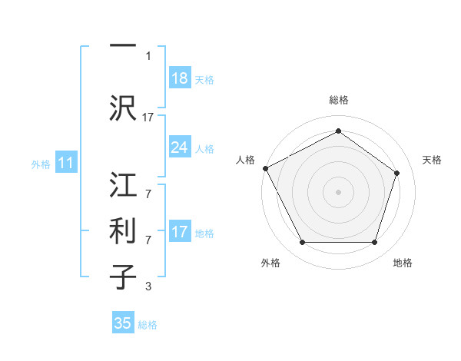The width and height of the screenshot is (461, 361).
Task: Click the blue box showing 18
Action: point(179,78)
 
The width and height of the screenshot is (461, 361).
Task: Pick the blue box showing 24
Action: point(179,147)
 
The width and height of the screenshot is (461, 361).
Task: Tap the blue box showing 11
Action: point(65,163)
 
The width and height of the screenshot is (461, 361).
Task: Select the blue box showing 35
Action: point(123,323)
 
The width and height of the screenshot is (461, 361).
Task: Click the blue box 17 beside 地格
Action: point(179,232)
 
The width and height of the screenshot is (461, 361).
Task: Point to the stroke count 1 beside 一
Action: point(148,55)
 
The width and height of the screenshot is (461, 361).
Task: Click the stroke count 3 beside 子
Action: point(148,287)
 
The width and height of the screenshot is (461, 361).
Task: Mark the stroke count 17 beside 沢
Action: point(148,118)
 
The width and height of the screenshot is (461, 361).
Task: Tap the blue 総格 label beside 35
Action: point(148,325)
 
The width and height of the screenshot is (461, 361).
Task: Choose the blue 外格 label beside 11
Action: point(41,164)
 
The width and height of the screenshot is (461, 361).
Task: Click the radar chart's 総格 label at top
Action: point(338,101)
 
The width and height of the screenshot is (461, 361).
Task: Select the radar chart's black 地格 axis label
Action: point(403,263)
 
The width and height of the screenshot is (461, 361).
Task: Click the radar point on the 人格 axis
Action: point(265,168)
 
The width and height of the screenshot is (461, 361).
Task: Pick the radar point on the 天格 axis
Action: point(397,173)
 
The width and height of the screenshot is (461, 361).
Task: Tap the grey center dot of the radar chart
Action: point(338,191)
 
